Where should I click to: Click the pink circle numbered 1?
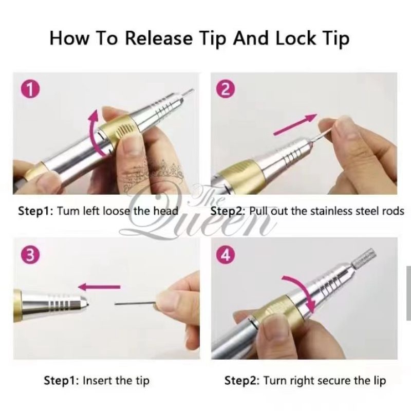click(30, 89)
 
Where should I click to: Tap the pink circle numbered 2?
click(226, 89)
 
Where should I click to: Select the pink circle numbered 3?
click(30, 255)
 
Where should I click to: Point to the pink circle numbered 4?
click(226, 255)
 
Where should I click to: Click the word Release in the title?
click(159, 38)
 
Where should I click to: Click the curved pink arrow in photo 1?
click(96, 133)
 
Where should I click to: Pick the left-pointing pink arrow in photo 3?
click(99, 287)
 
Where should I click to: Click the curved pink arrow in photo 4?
click(304, 290)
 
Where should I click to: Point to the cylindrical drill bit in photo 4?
click(364, 259)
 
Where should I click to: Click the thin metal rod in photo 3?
click(136, 304)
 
